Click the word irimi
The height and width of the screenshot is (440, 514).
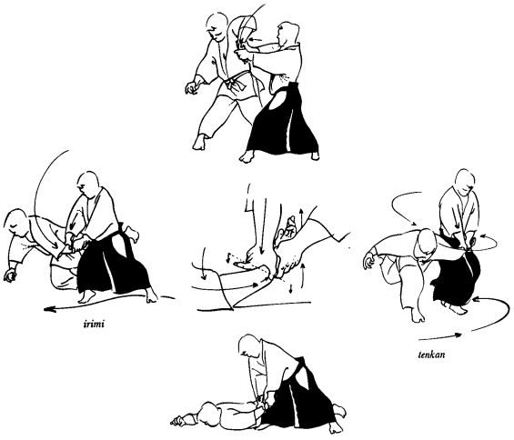tap(93, 325)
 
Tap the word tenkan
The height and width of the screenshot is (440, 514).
tap(431, 355)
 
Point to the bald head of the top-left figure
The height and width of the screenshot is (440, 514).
tap(217, 25)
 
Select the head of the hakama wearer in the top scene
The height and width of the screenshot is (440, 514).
tap(288, 34)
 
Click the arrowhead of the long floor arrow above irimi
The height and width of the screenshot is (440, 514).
tap(49, 309)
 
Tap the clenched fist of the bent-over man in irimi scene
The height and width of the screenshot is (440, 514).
tap(10, 275)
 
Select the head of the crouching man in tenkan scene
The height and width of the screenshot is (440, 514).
tap(425, 244)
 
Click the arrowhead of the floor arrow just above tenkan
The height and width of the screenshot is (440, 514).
tap(459, 335)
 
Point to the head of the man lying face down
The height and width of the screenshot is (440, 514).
tap(212, 413)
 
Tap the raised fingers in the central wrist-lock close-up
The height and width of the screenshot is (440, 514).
tap(287, 226)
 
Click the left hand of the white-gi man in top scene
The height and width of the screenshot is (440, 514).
tap(193, 87)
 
